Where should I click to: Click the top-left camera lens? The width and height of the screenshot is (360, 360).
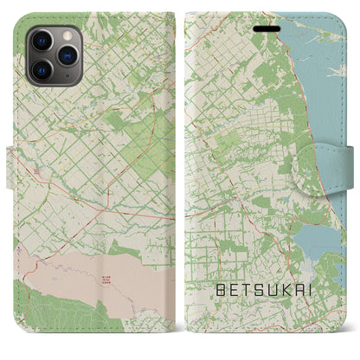point(42,40)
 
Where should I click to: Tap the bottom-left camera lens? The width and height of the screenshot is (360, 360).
point(42,67)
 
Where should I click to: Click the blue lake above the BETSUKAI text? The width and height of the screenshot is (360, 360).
point(315,235)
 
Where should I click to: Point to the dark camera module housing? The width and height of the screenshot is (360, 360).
point(53,54)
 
